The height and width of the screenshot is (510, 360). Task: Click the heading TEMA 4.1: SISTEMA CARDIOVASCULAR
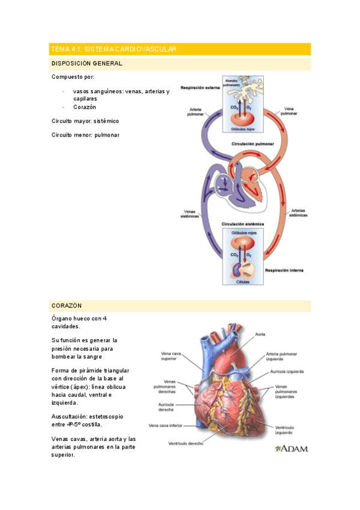click(114, 49)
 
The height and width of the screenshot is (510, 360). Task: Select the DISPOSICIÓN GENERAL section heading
click(87, 63)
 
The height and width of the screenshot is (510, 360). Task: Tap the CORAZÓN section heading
click(67, 306)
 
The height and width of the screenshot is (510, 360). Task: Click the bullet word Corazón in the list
click(85, 106)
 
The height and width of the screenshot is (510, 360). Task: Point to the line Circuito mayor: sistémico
click(85, 121)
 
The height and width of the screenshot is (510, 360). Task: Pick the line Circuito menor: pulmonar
click(85, 135)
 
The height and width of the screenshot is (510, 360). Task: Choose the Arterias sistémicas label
click(298, 213)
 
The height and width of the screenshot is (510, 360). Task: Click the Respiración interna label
click(284, 271)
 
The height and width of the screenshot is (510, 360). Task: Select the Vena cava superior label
click(169, 356)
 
